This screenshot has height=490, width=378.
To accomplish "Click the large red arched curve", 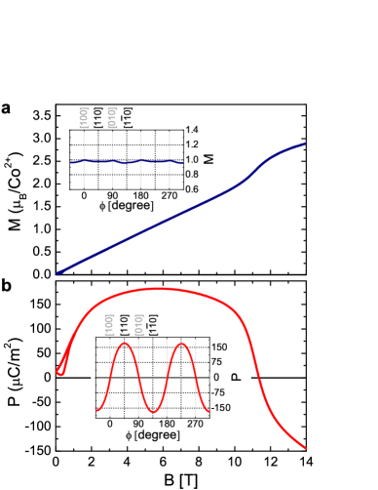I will coord(156,289).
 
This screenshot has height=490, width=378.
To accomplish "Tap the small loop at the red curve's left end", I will coord(60,370).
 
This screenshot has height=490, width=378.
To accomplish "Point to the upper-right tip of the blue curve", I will coord(305,143).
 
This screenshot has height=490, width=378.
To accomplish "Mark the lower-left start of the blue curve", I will coord(59,272).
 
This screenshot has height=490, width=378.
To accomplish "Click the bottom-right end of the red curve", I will coord(304,447).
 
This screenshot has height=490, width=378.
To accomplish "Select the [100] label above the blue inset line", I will coord(84,117).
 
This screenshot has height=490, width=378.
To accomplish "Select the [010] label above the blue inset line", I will coord(112,117).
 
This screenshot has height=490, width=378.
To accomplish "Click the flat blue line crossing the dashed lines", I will coord(127,161).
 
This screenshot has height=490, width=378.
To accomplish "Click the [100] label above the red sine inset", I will coord(109,324).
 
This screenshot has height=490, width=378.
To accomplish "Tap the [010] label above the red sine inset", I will coord(138,324).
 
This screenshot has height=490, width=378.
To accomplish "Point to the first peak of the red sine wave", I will coord(124,344).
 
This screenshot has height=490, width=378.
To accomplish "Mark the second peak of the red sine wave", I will coord(181,344).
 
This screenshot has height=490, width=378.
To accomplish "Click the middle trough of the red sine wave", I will coord(153,412).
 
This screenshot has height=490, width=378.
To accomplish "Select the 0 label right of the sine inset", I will coord(216,377).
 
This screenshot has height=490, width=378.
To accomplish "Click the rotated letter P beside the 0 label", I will coord(235,377).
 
